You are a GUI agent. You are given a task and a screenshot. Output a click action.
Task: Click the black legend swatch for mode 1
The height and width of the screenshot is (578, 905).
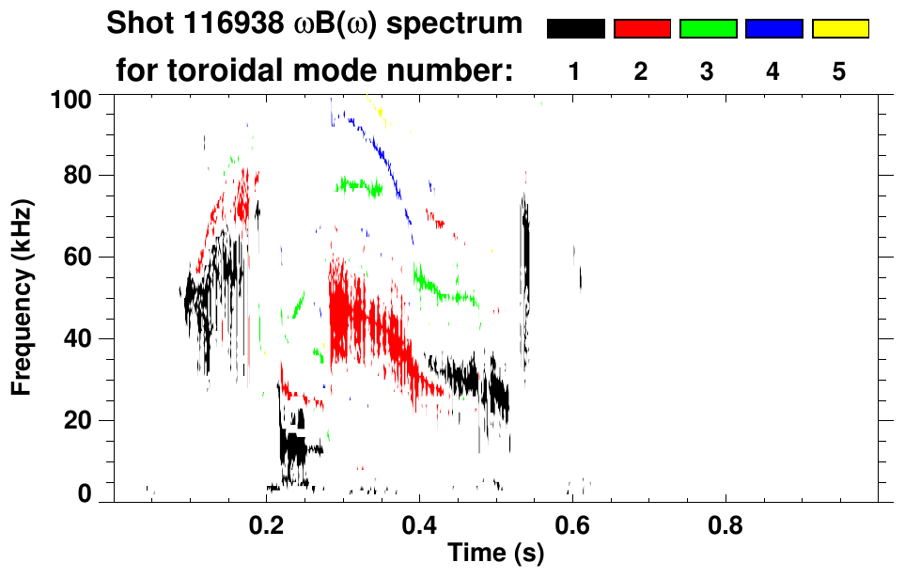(575, 29)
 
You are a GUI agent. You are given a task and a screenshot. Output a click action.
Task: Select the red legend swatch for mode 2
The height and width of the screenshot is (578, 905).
(642, 29)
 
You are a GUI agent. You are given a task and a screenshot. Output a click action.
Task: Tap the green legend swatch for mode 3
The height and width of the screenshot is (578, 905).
(708, 29)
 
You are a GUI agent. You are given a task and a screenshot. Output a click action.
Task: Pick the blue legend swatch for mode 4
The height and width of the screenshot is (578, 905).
(773, 29)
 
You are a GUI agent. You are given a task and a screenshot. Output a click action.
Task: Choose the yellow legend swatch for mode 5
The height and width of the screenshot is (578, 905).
(840, 29)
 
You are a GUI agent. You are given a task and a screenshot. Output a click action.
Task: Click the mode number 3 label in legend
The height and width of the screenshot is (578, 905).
(708, 72)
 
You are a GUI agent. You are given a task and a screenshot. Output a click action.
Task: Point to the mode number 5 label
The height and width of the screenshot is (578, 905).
(840, 72)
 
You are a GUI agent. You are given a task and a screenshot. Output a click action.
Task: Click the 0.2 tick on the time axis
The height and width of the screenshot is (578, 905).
(267, 523)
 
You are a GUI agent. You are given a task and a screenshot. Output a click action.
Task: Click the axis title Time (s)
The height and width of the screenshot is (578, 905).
(495, 554)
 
